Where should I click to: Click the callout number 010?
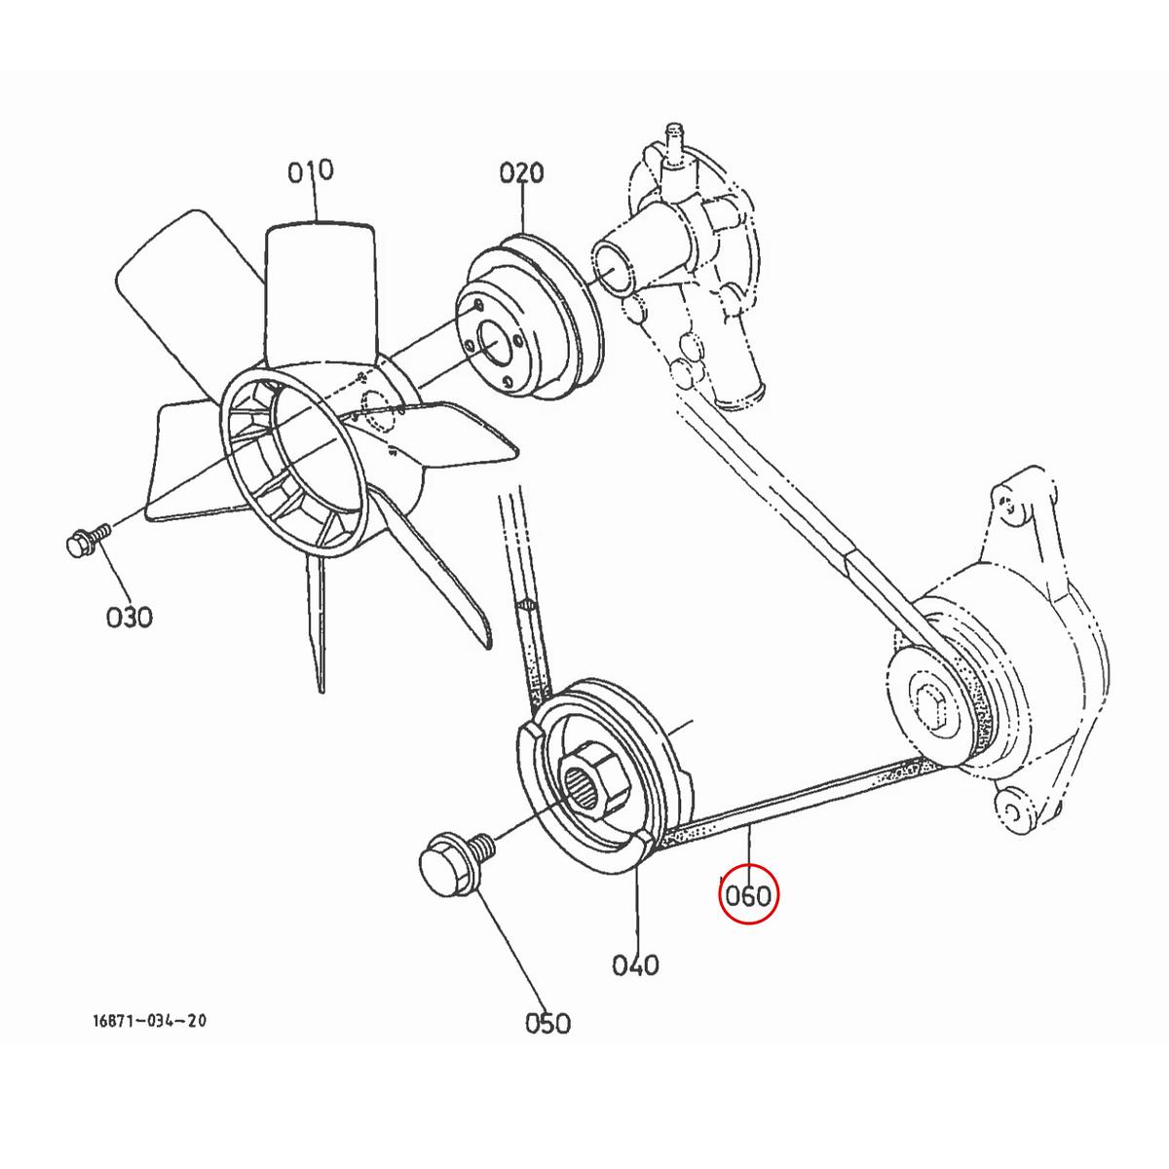tap(310, 171)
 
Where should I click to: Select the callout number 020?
tap(521, 174)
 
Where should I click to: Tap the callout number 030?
tap(130, 617)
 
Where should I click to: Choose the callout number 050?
tap(547, 1022)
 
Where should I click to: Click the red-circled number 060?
tap(749, 895)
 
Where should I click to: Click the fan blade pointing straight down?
tap(317, 623)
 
